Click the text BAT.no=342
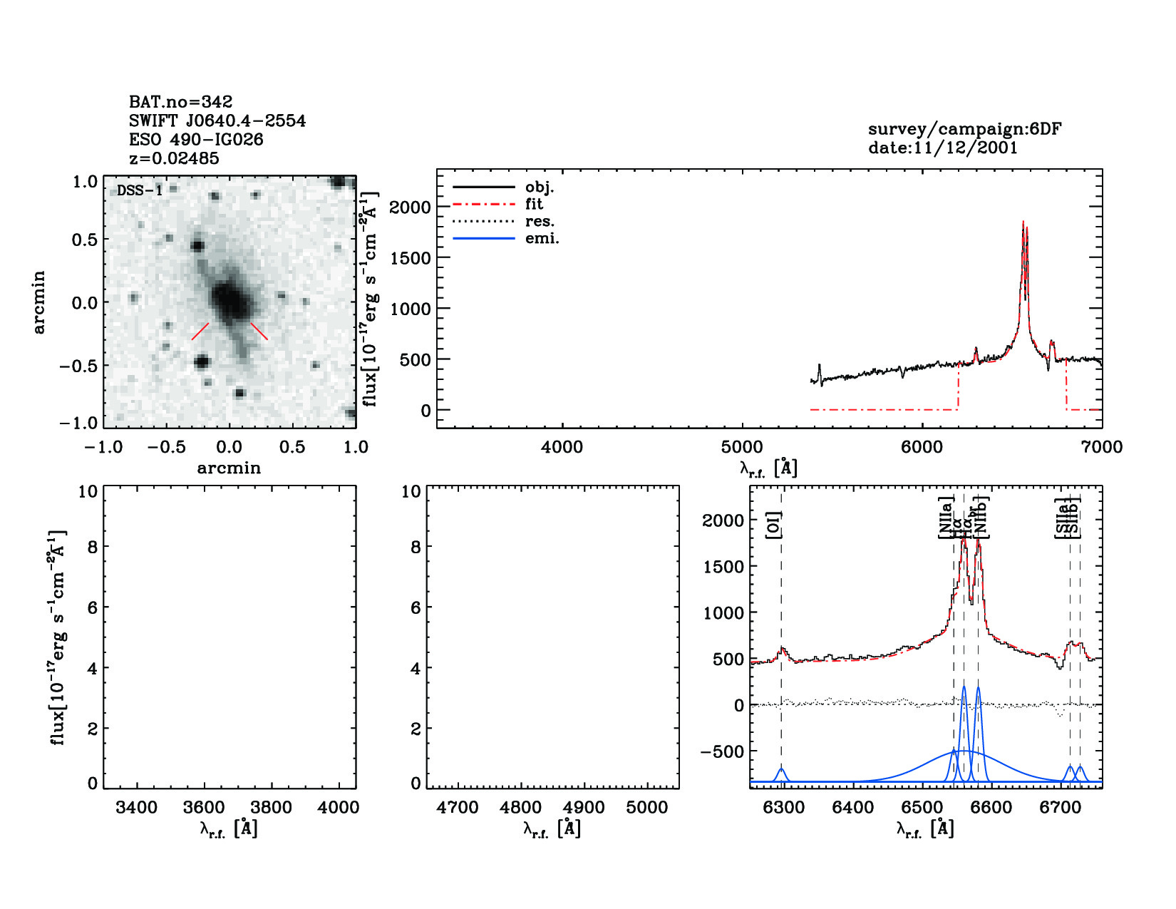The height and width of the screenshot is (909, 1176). point(180,102)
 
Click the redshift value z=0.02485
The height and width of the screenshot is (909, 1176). point(174,158)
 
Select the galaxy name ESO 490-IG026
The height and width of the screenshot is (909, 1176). point(196,140)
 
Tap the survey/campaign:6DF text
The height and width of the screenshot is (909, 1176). point(964,129)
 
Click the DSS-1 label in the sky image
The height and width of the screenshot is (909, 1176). point(140,190)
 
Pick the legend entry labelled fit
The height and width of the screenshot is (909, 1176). point(534,204)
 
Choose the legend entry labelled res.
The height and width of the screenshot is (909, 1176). point(540,221)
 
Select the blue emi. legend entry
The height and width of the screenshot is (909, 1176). point(542,238)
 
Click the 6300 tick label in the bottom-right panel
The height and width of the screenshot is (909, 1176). point(783,808)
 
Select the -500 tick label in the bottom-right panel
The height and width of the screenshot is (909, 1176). point(722,751)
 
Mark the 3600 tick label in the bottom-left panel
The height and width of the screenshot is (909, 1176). point(204,808)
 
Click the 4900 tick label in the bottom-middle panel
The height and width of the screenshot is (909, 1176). point(584,808)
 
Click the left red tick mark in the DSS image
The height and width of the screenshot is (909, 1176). point(200,332)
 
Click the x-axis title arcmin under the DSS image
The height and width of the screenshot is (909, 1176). point(229,468)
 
